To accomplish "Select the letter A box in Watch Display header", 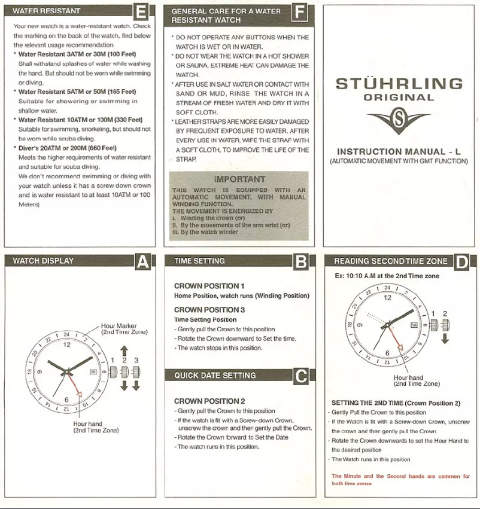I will click(142, 261).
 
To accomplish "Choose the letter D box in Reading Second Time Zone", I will click(461, 261).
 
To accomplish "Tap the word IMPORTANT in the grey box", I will click(238, 178).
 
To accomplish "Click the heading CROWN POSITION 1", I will click(209, 286).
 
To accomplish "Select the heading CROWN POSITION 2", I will click(209, 401).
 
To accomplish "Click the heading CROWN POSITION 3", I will click(209, 310).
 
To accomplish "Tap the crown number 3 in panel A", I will click(136, 359).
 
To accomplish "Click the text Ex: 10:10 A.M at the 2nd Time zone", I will click(387, 276).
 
